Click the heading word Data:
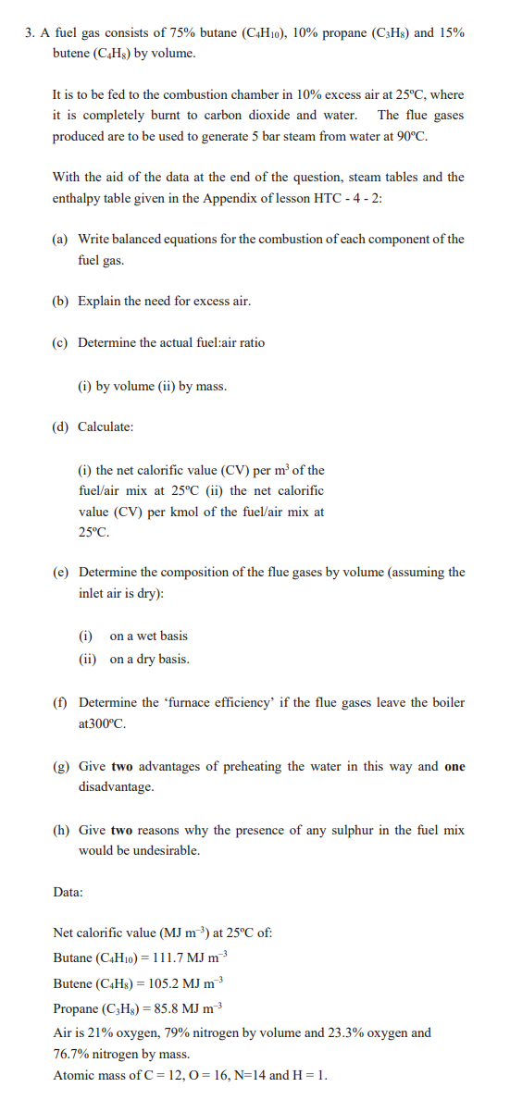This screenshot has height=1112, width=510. (68, 892)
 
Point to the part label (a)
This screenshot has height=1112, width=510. (60, 239)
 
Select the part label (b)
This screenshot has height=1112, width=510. (60, 302)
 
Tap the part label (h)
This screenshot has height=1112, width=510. (60, 830)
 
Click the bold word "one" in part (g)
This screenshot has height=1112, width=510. (454, 766)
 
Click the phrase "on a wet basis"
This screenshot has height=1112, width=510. (148, 636)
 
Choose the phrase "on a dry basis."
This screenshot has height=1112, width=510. (149, 660)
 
